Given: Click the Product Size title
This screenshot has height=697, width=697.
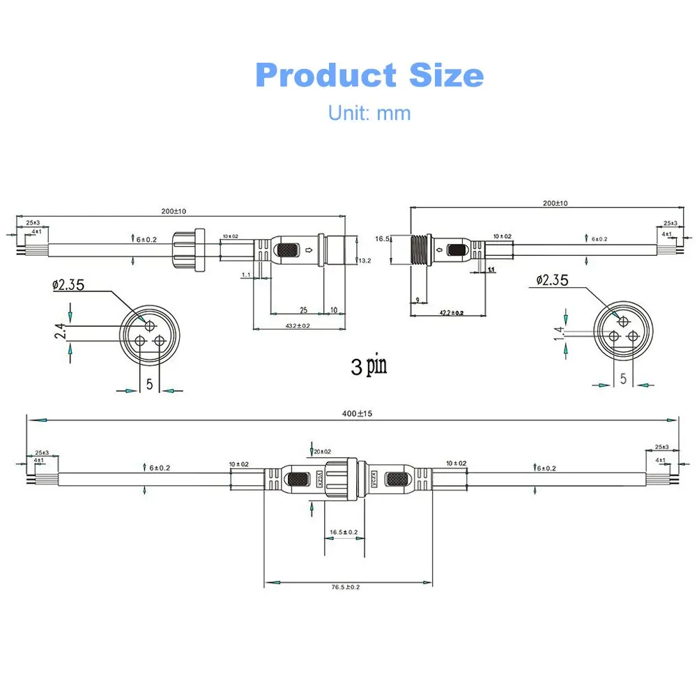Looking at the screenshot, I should click(369, 75).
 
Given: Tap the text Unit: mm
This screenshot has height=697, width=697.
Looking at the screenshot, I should click(369, 112).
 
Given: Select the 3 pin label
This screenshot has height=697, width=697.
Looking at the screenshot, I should click(369, 365).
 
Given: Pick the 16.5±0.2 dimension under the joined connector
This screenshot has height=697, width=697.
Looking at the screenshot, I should click(344, 532).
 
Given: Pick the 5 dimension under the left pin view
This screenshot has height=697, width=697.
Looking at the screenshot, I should click(149, 383).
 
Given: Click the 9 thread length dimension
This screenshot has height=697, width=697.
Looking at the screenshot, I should click(417, 300).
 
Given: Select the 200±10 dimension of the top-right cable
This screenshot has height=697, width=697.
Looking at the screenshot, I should click(556, 203).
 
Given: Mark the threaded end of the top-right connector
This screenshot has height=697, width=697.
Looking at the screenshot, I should click(418, 250).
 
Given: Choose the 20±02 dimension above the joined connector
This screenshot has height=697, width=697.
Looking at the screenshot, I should click(321, 452).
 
